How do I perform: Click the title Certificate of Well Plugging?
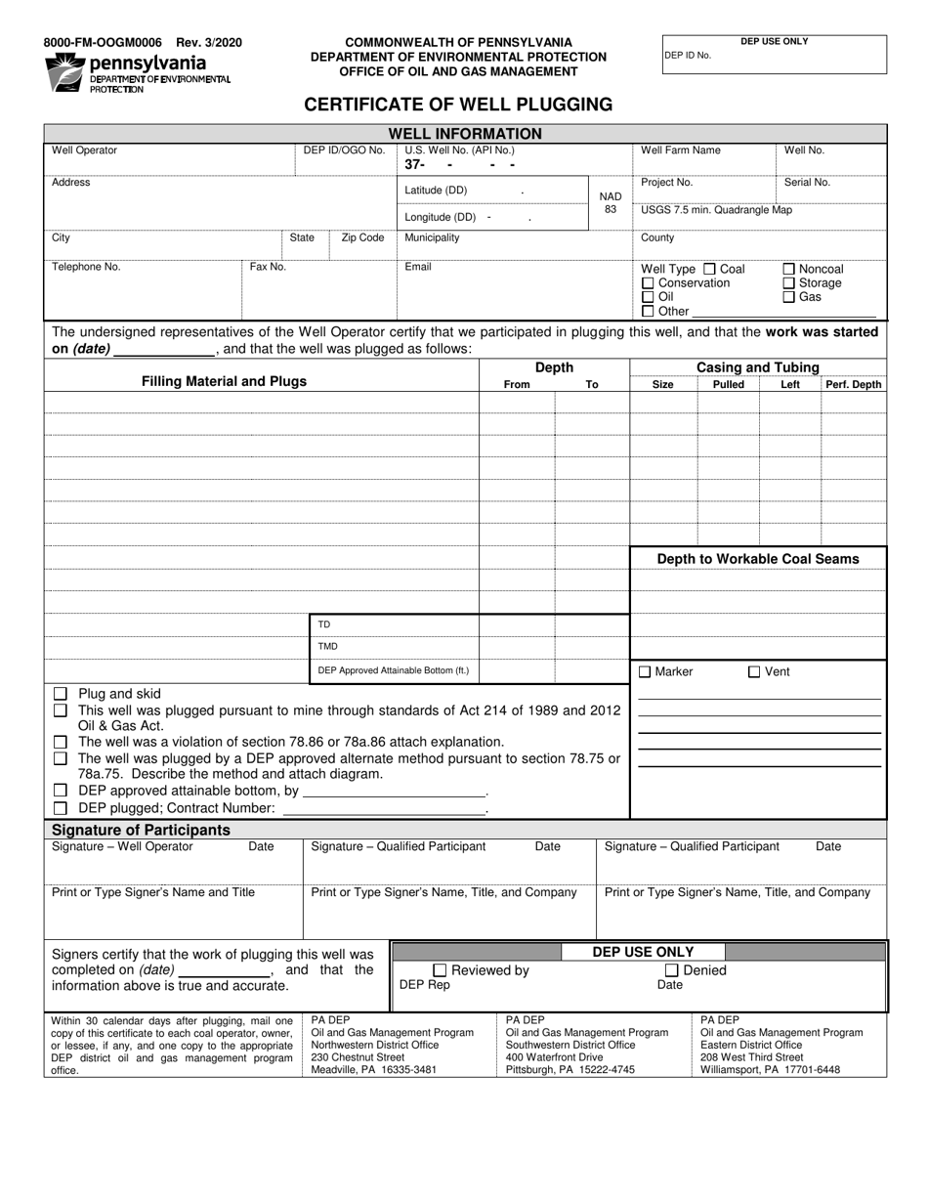pyautogui.click(x=458, y=105)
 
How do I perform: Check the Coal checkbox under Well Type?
pyautogui.click(x=710, y=269)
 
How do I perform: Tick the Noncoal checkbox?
pyautogui.click(x=789, y=269)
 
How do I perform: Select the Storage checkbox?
pyautogui.click(x=789, y=282)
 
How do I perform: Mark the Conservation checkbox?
pyautogui.click(x=648, y=282)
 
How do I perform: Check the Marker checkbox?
pyautogui.click(x=645, y=671)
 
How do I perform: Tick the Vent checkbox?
pyautogui.click(x=754, y=671)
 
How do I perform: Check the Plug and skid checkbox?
pyautogui.click(x=61, y=694)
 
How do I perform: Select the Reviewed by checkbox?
pyautogui.click(x=440, y=970)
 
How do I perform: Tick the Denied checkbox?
pyautogui.click(x=672, y=970)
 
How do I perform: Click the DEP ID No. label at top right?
pyautogui.click(x=688, y=56)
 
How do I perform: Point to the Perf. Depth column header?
pyautogui.click(x=853, y=385)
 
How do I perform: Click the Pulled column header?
pyautogui.click(x=729, y=385)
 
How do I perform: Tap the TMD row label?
pyautogui.click(x=328, y=646)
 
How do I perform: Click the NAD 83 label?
pyautogui.click(x=611, y=202)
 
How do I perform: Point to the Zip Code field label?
pyautogui.click(x=362, y=237)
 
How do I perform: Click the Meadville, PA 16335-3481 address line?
pyautogui.click(x=373, y=1070)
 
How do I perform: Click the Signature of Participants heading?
pyautogui.click(x=141, y=830)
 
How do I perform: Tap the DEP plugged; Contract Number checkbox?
pyautogui.click(x=61, y=808)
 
